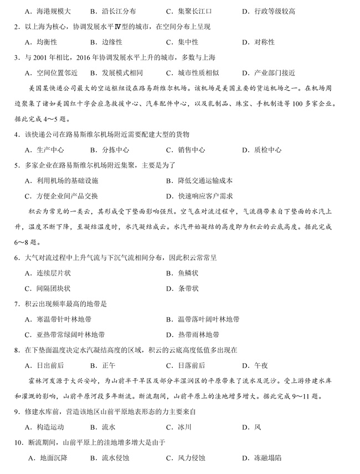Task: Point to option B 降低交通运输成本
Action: coord(199,181)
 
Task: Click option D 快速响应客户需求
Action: coord(199,196)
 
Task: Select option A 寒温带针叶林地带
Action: coord(59,319)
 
